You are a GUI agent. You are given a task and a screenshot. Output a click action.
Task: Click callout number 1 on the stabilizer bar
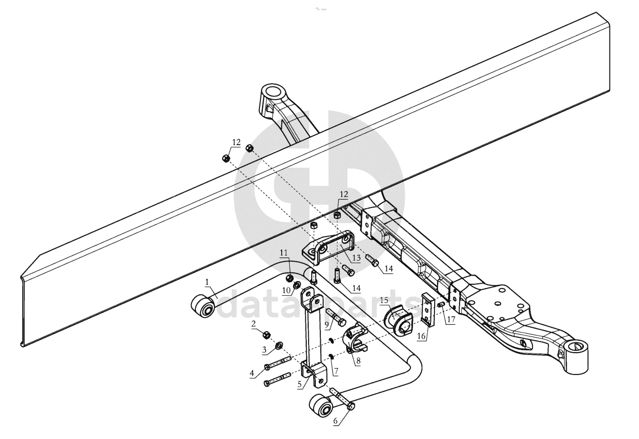(207, 282)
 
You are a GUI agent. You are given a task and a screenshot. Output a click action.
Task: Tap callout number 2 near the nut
(254, 323)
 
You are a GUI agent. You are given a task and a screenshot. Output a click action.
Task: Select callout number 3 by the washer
(264, 349)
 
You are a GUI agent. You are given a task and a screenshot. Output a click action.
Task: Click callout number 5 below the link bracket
(299, 384)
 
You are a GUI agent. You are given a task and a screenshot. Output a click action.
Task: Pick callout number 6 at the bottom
(335, 421)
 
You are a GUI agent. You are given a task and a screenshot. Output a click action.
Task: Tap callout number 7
(336, 371)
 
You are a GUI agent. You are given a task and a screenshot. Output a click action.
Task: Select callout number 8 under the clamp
(358, 361)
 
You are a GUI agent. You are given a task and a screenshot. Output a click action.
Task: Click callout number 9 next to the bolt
(327, 324)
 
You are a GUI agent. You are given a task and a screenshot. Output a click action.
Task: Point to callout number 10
(286, 290)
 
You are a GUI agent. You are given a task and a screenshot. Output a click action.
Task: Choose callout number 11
(284, 252)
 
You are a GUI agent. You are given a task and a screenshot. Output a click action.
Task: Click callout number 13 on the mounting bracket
(356, 257)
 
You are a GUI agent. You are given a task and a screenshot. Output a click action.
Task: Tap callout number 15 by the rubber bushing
(384, 300)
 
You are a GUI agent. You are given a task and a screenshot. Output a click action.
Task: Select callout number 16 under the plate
(421, 336)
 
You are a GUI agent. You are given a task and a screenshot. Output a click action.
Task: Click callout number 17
(451, 319)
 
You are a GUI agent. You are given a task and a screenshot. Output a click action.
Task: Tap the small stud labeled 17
(440, 305)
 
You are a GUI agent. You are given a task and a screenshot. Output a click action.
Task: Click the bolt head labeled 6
(351, 406)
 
